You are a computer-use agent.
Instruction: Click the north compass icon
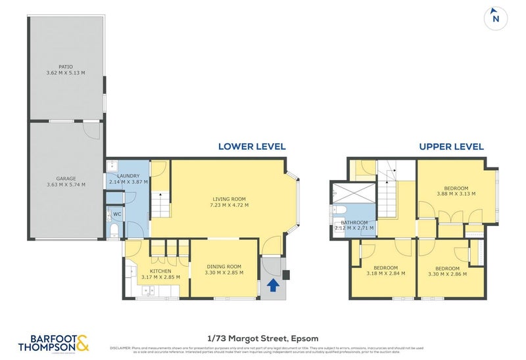pyautogui.click(x=496, y=18)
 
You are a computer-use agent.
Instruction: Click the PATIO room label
pyautogui.click(x=65, y=68)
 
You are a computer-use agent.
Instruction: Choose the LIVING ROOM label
pyautogui.click(x=229, y=199)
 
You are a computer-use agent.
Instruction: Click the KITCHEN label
pyautogui.click(x=160, y=271)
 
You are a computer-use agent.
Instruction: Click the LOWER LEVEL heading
pyautogui.click(x=252, y=146)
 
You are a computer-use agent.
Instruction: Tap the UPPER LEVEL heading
pyautogui.click(x=451, y=146)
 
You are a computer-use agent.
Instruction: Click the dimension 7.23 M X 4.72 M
pyautogui.click(x=229, y=205)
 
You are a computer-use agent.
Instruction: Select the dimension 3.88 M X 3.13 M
pyautogui.click(x=456, y=194)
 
